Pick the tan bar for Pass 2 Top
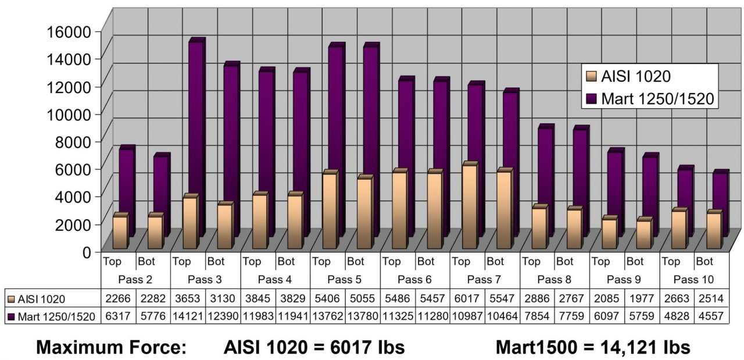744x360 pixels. (120, 231)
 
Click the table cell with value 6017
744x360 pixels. (466, 298)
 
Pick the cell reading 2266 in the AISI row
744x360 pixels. (117, 298)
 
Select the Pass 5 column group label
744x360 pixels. (344, 279)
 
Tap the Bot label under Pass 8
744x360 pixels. (565, 261)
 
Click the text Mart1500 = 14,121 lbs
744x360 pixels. (593, 347)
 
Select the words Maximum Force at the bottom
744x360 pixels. (112, 347)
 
